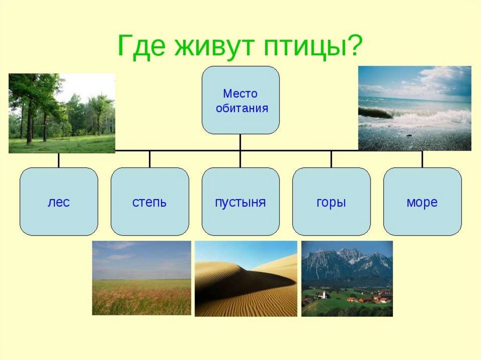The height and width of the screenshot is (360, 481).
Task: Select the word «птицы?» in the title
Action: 313,46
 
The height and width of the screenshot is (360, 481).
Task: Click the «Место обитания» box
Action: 240,100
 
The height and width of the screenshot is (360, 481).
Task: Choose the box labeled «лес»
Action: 59,201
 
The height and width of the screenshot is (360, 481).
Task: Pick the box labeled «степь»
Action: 150,201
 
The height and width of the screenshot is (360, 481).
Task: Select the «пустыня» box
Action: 240,201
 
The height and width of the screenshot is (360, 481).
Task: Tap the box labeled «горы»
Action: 331,201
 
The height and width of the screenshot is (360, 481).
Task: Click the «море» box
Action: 422,201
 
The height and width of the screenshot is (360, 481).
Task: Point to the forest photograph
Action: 62,113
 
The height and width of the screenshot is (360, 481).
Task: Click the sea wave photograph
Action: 415,108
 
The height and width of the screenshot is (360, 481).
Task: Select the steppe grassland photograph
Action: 141,278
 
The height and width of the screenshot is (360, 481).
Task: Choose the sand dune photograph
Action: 246,279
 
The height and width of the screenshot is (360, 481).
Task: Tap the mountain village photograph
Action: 347,279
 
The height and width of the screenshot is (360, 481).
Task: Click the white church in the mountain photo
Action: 324,295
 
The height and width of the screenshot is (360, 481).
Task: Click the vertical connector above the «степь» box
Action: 150,159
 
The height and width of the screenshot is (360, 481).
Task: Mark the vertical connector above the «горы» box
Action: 331,159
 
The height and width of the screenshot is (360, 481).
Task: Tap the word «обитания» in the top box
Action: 242,108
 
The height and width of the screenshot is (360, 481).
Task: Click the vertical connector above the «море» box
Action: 422,159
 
